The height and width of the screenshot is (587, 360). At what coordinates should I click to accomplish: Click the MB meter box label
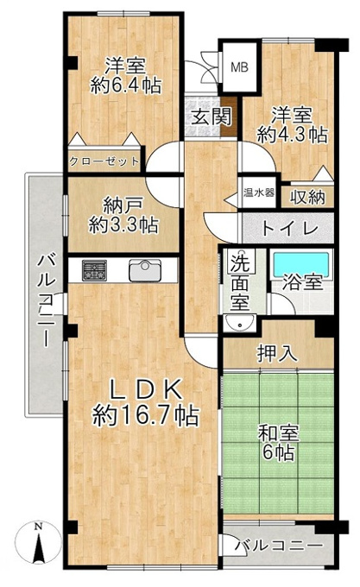pos(239,67)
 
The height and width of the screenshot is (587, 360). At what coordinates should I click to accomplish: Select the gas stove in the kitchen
pos(94,271)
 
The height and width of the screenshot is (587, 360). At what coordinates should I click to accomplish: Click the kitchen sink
pos(145,270)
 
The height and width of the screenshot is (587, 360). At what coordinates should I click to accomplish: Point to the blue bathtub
pos(301,265)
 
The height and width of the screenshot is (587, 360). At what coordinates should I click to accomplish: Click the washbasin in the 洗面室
pos(239,323)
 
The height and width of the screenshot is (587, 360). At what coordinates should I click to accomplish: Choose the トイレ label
pos(290,228)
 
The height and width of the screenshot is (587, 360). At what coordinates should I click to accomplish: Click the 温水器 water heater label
pos(259,193)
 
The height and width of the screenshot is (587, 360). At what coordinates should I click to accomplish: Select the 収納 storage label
pos(308,197)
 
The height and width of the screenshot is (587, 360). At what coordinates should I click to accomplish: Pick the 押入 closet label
pos(277,353)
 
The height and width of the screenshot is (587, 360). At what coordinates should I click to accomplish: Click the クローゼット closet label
pos(104,161)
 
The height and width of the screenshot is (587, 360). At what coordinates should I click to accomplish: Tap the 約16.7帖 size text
pos(146,416)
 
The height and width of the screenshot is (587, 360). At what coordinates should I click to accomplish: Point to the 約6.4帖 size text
pos(126,85)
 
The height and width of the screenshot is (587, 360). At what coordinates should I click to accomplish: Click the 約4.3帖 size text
pos(293,135)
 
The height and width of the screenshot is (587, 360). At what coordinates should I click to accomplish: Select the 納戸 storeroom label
pos(123,205)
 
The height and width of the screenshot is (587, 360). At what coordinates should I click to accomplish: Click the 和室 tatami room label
pos(279,433)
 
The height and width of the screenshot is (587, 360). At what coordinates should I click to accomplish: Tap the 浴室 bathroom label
pos(303,282)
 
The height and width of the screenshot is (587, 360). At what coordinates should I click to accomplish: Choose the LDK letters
pos(145,391)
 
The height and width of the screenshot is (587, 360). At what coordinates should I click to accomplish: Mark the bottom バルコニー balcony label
pos(279,546)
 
